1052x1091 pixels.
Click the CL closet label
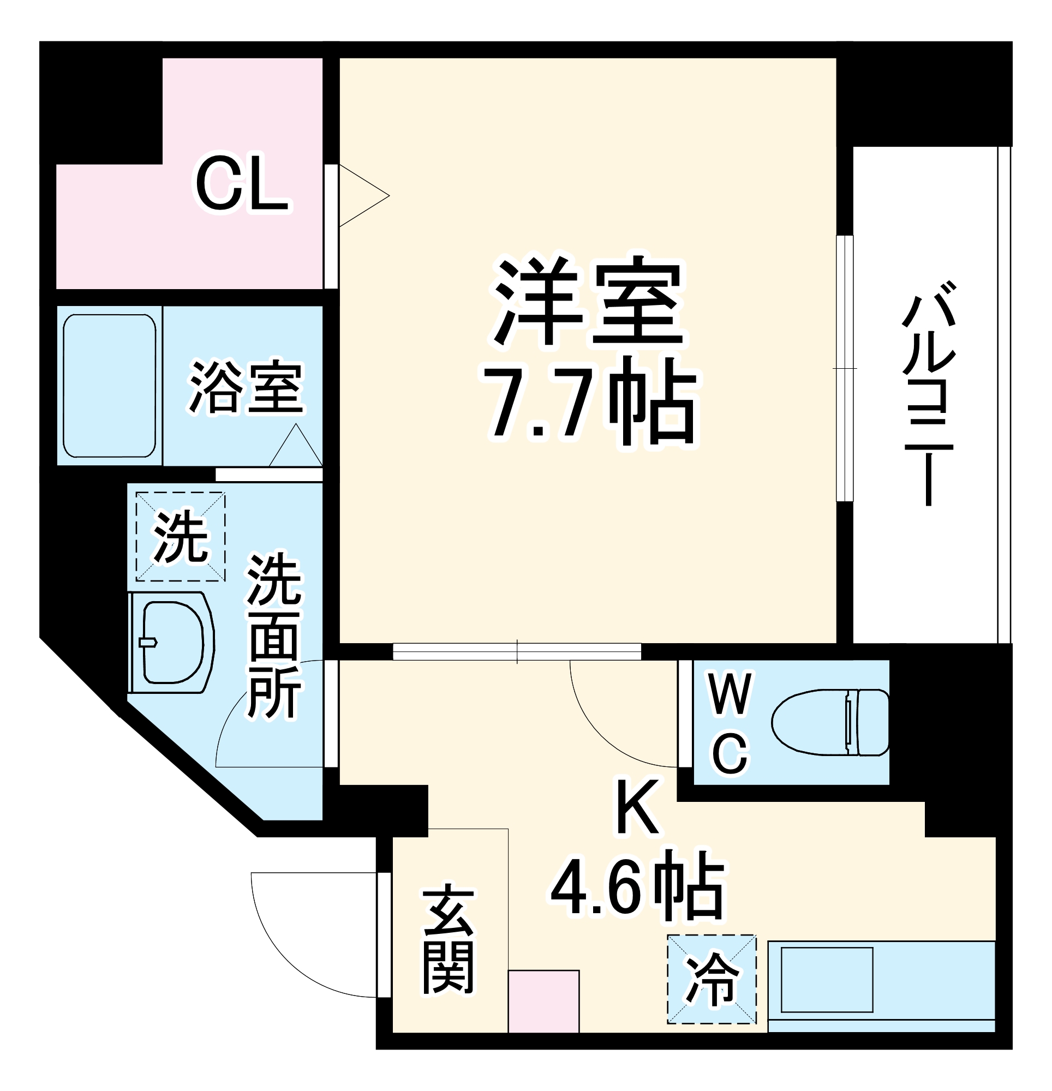point(242,186)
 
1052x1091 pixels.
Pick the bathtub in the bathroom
point(109,386)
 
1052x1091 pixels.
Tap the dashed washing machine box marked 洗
point(181,536)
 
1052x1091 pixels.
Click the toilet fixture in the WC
point(830,722)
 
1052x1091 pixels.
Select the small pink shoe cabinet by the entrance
point(543,1002)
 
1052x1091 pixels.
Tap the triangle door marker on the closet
point(362,195)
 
